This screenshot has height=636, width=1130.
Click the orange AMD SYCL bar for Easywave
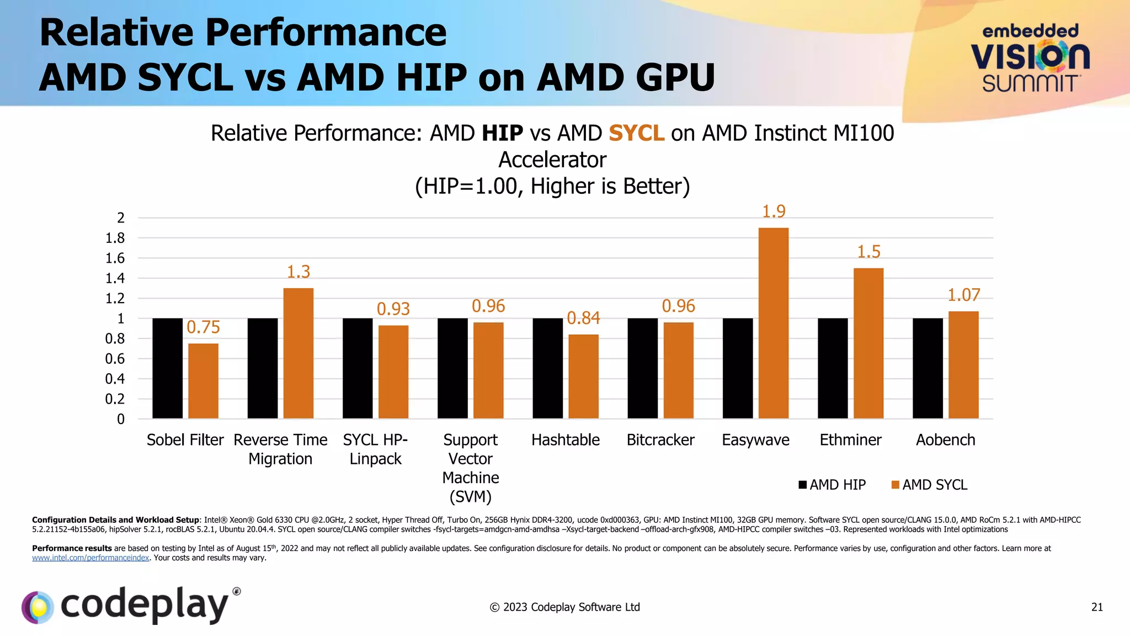click(x=773, y=323)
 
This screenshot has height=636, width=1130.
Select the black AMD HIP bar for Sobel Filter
click(x=167, y=368)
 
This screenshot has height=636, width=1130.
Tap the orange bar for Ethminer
click(x=868, y=343)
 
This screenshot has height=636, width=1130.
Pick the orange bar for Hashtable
click(x=583, y=377)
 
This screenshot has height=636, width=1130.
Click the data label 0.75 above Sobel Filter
click(x=203, y=327)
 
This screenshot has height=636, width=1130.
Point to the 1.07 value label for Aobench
click(x=963, y=295)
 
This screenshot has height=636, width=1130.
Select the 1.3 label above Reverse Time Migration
click(x=299, y=272)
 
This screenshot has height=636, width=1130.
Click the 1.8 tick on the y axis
click(x=115, y=238)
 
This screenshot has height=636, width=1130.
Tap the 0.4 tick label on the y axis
click(x=115, y=379)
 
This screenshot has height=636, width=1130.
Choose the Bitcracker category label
click(x=660, y=440)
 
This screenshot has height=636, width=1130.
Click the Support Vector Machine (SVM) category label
click(x=470, y=468)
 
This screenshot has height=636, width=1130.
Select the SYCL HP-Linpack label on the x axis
click(x=375, y=449)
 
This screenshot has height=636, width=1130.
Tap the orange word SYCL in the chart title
click(x=636, y=133)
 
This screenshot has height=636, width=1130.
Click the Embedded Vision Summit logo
click(x=1030, y=58)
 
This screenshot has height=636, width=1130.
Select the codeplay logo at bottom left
click(x=131, y=605)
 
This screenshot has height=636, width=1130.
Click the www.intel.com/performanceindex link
click(x=90, y=558)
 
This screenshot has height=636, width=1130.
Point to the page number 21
click(x=1097, y=607)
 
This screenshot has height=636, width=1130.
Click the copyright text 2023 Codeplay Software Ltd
click(x=564, y=607)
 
